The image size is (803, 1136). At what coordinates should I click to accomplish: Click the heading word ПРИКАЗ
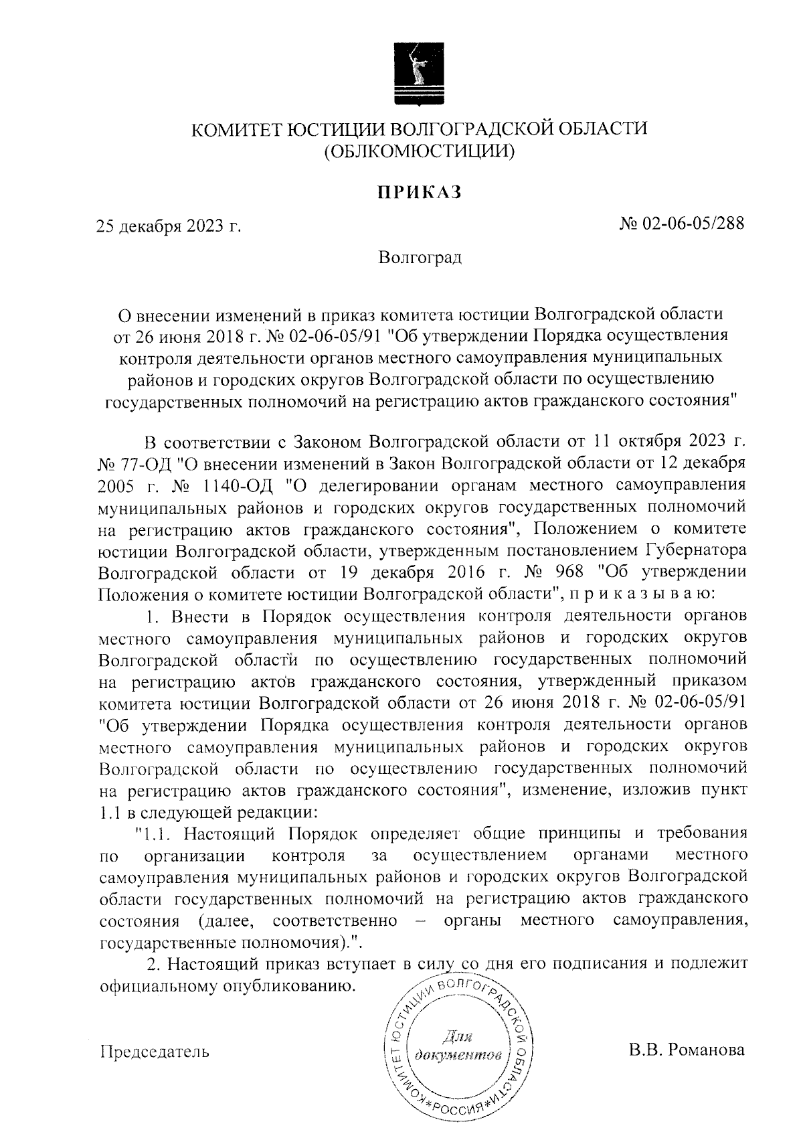tap(420, 193)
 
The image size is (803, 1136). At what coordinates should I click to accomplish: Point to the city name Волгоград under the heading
tap(420, 257)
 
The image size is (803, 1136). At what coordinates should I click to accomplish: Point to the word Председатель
tap(154, 1052)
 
